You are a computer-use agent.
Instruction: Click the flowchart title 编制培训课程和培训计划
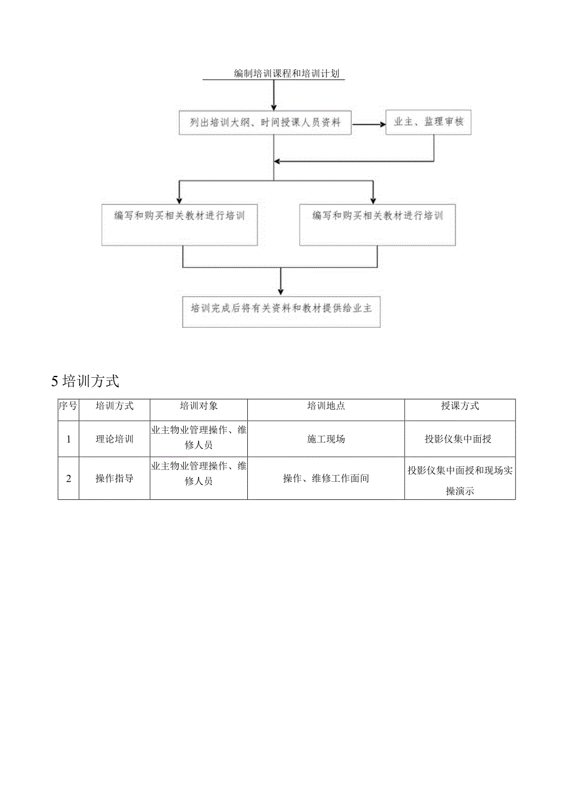[x=286, y=74]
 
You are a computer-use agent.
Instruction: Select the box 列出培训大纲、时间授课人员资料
[x=265, y=123]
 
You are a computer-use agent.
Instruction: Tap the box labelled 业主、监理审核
[x=429, y=122]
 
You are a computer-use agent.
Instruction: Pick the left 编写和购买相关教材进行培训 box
[x=179, y=224]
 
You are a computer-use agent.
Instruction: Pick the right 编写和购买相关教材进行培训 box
[x=377, y=224]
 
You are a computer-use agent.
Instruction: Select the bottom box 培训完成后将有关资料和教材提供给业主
[x=281, y=310]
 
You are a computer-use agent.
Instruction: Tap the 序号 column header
[x=68, y=406]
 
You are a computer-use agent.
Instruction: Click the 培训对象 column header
[x=199, y=406]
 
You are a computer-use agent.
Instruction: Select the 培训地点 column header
[x=326, y=406]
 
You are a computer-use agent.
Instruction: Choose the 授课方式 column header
[x=460, y=406]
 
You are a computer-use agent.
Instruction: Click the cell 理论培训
[x=114, y=439]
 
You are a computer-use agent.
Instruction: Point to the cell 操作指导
[x=114, y=478]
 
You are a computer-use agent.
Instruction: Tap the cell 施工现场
[x=326, y=439]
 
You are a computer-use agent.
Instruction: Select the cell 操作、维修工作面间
[x=326, y=478]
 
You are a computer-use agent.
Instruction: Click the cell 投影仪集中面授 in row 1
[x=460, y=439]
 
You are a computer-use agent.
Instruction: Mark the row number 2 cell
[x=69, y=478]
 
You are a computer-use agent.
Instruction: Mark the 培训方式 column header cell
[x=114, y=406]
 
